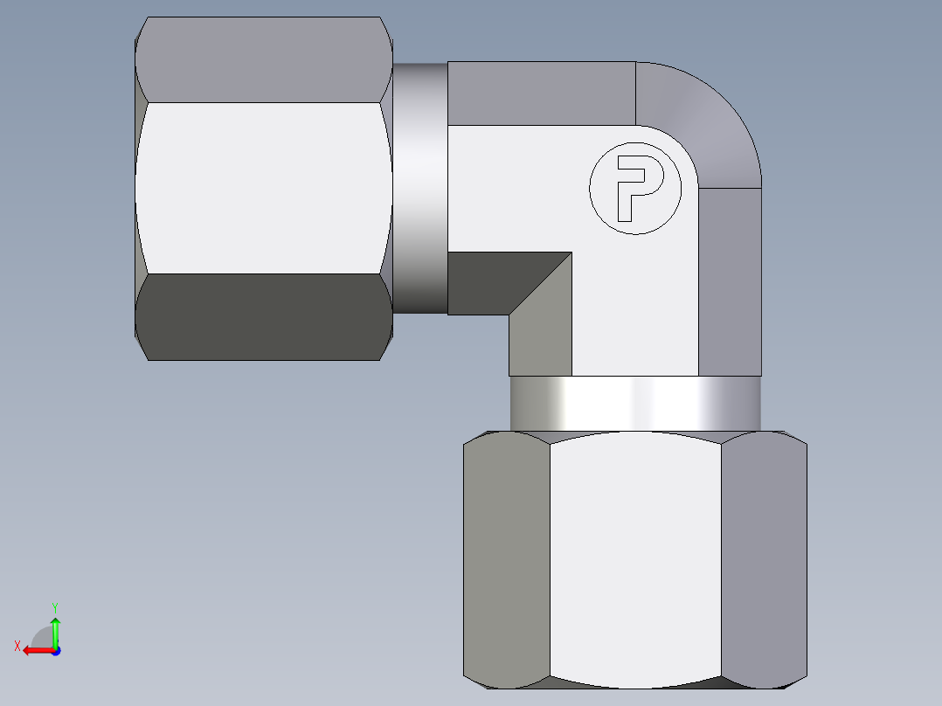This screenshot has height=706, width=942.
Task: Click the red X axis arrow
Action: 35,650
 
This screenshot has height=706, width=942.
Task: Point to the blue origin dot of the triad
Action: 55,650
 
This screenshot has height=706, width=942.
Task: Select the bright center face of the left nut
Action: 262,187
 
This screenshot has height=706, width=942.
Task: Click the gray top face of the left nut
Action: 262,59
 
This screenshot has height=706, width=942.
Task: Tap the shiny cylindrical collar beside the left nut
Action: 420,187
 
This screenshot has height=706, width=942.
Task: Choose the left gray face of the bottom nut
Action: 506,559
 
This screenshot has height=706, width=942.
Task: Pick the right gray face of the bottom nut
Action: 764,559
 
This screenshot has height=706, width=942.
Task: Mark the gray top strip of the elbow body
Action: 542,93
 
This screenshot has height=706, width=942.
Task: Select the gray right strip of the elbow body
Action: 730,280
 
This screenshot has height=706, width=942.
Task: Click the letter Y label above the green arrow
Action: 54,606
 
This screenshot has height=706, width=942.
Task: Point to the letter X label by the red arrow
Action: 17,646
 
